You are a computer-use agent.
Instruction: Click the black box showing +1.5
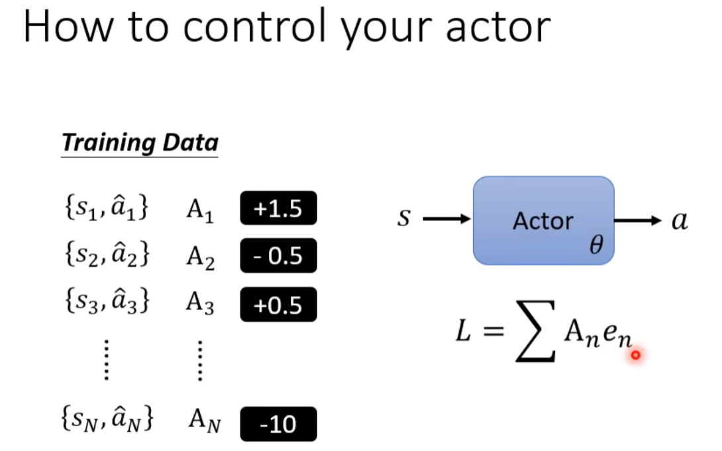pyautogui.click(x=279, y=208)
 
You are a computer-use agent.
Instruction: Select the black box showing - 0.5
pyautogui.click(x=279, y=256)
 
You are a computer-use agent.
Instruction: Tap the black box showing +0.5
pyautogui.click(x=279, y=304)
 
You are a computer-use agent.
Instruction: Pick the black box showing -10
pyautogui.click(x=279, y=424)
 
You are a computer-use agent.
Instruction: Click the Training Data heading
pyautogui.click(x=140, y=143)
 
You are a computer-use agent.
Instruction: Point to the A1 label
pyautogui.click(x=200, y=211)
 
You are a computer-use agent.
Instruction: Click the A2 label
pyautogui.click(x=200, y=257)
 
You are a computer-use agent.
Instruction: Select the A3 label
pyautogui.click(x=200, y=304)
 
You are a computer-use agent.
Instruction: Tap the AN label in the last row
pyautogui.click(x=205, y=421)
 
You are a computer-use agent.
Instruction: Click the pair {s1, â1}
pyautogui.click(x=107, y=208)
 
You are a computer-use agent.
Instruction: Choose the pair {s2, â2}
pyautogui.click(x=107, y=253)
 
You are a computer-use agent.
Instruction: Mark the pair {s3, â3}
pyautogui.click(x=107, y=300)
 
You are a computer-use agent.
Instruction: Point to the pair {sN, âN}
pyautogui.click(x=107, y=419)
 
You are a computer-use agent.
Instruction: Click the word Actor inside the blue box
pyautogui.click(x=543, y=221)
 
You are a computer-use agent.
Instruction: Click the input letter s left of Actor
pyautogui.click(x=404, y=218)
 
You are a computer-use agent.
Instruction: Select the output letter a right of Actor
pyautogui.click(x=680, y=221)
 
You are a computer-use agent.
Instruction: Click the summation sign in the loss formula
pyautogui.click(x=535, y=331)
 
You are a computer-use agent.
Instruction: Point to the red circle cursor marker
pyautogui.click(x=636, y=355)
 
